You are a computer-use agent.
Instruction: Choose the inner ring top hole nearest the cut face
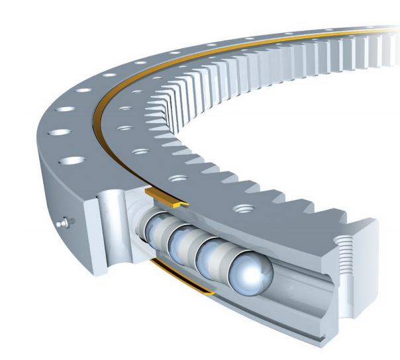click(242, 210)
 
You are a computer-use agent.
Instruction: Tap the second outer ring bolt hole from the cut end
click(59, 133)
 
